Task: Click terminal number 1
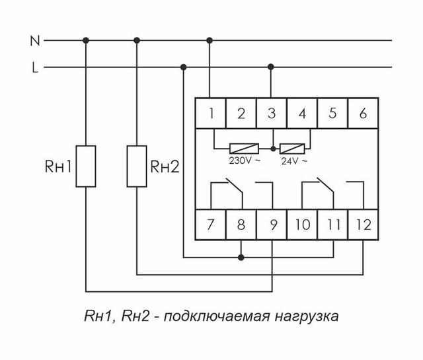[x=210, y=113]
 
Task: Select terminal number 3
[x=272, y=113]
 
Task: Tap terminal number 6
[x=363, y=113]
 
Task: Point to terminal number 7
[x=210, y=225]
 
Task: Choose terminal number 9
[x=272, y=225]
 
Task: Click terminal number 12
[x=363, y=225]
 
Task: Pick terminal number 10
[x=303, y=225]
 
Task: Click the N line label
[x=35, y=41]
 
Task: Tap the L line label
[x=35, y=67]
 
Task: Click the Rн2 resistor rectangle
[x=137, y=166]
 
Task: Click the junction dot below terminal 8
[x=241, y=256]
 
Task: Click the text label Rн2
[x=165, y=166]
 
